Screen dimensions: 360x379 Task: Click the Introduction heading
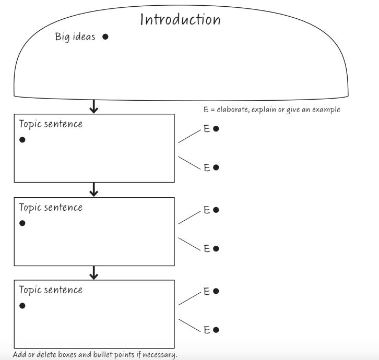point(181,20)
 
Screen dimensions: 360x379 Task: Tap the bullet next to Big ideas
point(105,37)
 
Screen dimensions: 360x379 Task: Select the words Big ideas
point(76,37)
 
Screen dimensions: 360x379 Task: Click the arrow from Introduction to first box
point(94,106)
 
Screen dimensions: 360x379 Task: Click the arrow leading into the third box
point(94,272)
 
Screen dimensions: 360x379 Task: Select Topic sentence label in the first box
point(50,125)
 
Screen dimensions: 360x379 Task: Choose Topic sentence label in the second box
point(50,208)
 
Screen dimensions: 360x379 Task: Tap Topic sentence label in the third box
point(50,290)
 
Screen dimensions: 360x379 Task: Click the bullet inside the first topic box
point(22,141)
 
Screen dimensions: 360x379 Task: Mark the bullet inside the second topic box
point(22,223)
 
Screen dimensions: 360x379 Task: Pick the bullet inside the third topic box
point(22,305)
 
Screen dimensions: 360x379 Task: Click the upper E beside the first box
point(207,128)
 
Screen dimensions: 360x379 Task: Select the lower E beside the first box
point(207,167)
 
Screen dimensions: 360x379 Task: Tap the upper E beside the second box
point(207,210)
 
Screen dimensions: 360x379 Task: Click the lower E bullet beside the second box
point(216,249)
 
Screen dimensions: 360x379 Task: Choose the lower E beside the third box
point(207,330)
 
